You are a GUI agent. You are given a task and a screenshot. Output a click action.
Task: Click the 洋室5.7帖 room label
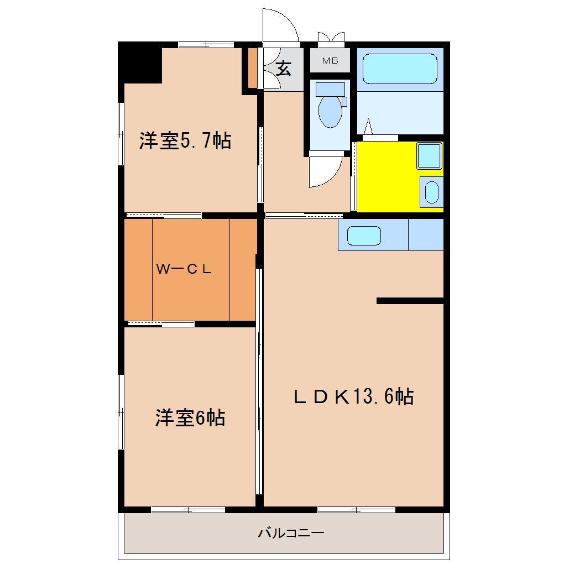185,142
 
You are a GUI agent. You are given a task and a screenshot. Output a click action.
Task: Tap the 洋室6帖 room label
190,418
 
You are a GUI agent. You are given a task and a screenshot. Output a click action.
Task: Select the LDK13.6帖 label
353,396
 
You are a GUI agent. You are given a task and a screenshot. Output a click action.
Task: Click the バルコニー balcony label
291,534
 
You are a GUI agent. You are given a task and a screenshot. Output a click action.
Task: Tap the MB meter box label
330,61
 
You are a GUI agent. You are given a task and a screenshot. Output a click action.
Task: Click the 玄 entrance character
283,69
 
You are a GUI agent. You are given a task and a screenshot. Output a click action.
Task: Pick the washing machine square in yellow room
429,155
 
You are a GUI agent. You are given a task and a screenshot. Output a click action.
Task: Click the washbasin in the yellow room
431,191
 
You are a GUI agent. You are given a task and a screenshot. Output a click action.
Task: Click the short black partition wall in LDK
410,301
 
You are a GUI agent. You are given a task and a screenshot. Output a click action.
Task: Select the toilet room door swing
324,171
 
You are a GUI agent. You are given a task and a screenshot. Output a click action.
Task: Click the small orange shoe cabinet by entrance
252,69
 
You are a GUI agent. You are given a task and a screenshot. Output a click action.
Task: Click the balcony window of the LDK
356,509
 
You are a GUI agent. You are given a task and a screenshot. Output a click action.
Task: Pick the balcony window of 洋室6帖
188,509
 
